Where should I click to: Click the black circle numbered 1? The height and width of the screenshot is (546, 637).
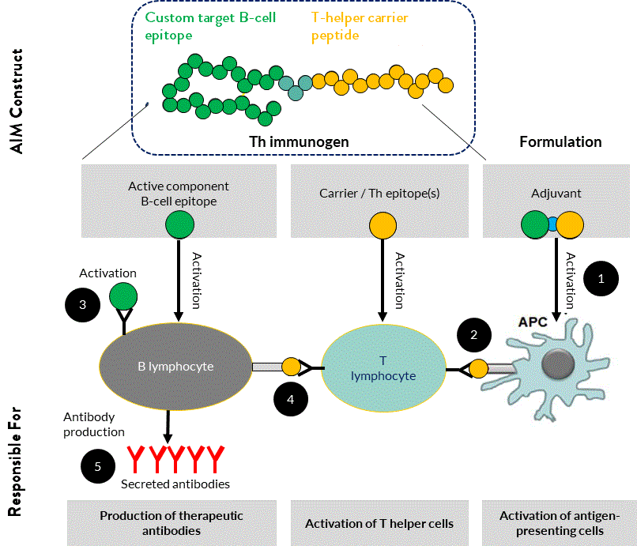pyautogui.click(x=601, y=278)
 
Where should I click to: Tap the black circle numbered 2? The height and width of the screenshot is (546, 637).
pyautogui.click(x=474, y=334)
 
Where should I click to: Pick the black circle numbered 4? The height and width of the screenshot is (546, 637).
pyautogui.click(x=292, y=400)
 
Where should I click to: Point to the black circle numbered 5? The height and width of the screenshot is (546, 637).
pyautogui.click(x=98, y=466)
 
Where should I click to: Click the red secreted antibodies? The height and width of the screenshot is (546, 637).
pyautogui.click(x=175, y=458)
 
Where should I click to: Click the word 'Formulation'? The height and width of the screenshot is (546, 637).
pyautogui.click(x=560, y=142)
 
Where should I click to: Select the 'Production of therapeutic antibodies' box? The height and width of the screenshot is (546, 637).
pyautogui.click(x=171, y=523)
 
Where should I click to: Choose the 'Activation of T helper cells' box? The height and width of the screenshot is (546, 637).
pyautogui.click(x=379, y=523)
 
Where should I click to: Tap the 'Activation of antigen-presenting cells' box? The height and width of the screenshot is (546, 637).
pyautogui.click(x=560, y=523)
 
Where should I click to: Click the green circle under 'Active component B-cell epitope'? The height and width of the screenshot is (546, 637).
pyautogui.click(x=179, y=224)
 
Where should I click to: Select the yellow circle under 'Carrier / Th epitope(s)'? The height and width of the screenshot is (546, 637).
pyautogui.click(x=383, y=225)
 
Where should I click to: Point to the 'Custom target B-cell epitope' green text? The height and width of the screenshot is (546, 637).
pyautogui.click(x=209, y=25)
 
